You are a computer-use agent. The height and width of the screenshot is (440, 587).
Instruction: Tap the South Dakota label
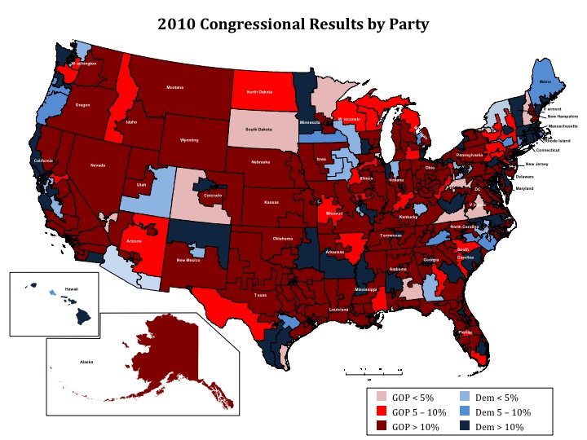[261, 130]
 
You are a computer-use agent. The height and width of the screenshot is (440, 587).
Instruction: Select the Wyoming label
[189, 140]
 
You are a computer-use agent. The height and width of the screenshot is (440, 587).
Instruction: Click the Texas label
[259, 295]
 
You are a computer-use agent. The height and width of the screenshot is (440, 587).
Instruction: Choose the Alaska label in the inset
[86, 360]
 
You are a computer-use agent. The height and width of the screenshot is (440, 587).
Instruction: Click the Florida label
[464, 332]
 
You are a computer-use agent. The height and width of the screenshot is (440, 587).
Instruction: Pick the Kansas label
[274, 200]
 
